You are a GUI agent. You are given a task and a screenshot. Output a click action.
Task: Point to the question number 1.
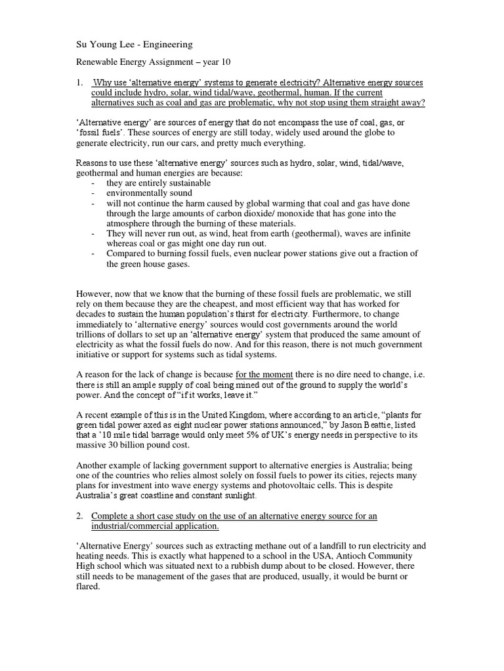(79, 83)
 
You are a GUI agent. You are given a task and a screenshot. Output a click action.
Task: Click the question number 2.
(79, 516)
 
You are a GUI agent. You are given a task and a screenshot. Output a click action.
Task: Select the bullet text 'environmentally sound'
(150, 193)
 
